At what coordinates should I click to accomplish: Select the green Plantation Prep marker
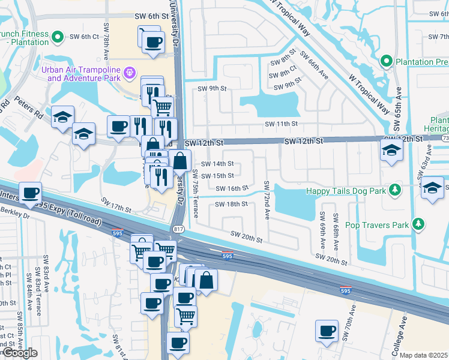(x=387, y=62)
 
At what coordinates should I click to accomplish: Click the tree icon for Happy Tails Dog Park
(x=394, y=190)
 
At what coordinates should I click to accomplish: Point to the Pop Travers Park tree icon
(x=418, y=224)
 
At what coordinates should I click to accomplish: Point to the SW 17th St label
(x=116, y=204)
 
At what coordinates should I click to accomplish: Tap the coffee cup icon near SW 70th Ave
(x=327, y=331)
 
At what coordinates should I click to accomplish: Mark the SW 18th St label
(x=231, y=204)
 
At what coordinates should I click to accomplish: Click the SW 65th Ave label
(x=397, y=110)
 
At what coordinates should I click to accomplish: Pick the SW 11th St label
(x=282, y=124)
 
